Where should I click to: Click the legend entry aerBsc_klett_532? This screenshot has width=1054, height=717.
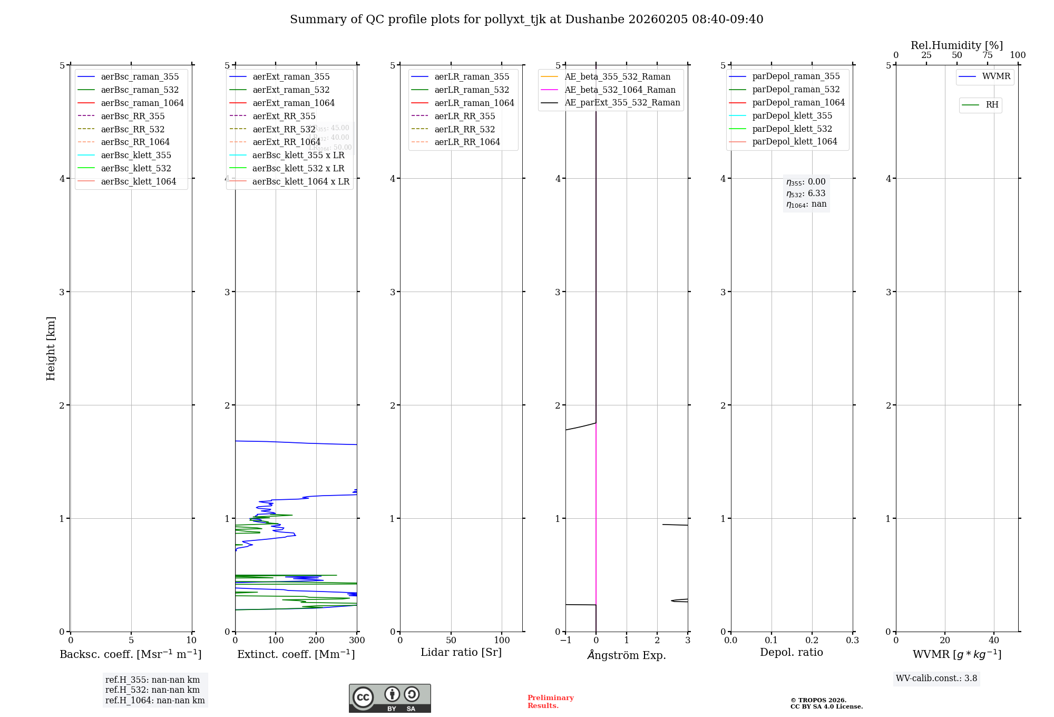tap(135, 169)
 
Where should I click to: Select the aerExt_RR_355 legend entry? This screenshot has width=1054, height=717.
tap(284, 117)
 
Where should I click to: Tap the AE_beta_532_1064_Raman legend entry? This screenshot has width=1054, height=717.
tap(620, 90)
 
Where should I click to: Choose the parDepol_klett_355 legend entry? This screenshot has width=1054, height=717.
tap(792, 116)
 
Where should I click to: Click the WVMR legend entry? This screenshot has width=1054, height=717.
tap(996, 77)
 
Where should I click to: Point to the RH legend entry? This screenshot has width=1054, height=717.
tap(992, 105)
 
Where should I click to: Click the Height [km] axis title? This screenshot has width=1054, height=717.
tap(51, 348)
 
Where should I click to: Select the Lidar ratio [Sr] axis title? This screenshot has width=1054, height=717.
tap(461, 653)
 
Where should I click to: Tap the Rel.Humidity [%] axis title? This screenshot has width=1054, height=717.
tap(957, 45)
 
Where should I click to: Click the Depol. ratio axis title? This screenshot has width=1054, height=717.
tap(791, 653)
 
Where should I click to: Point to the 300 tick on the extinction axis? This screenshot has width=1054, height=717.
tap(357, 641)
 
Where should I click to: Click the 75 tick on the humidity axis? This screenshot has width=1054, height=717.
tap(987, 55)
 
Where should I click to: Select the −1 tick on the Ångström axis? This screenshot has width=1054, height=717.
tap(565, 641)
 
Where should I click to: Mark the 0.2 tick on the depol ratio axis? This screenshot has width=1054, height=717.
tap(812, 641)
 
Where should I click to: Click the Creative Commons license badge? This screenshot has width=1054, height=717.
tap(389, 699)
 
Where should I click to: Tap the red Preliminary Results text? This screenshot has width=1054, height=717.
tap(550, 702)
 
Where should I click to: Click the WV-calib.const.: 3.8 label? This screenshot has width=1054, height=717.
tap(936, 679)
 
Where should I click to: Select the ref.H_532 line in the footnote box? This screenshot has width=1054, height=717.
tap(152, 690)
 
